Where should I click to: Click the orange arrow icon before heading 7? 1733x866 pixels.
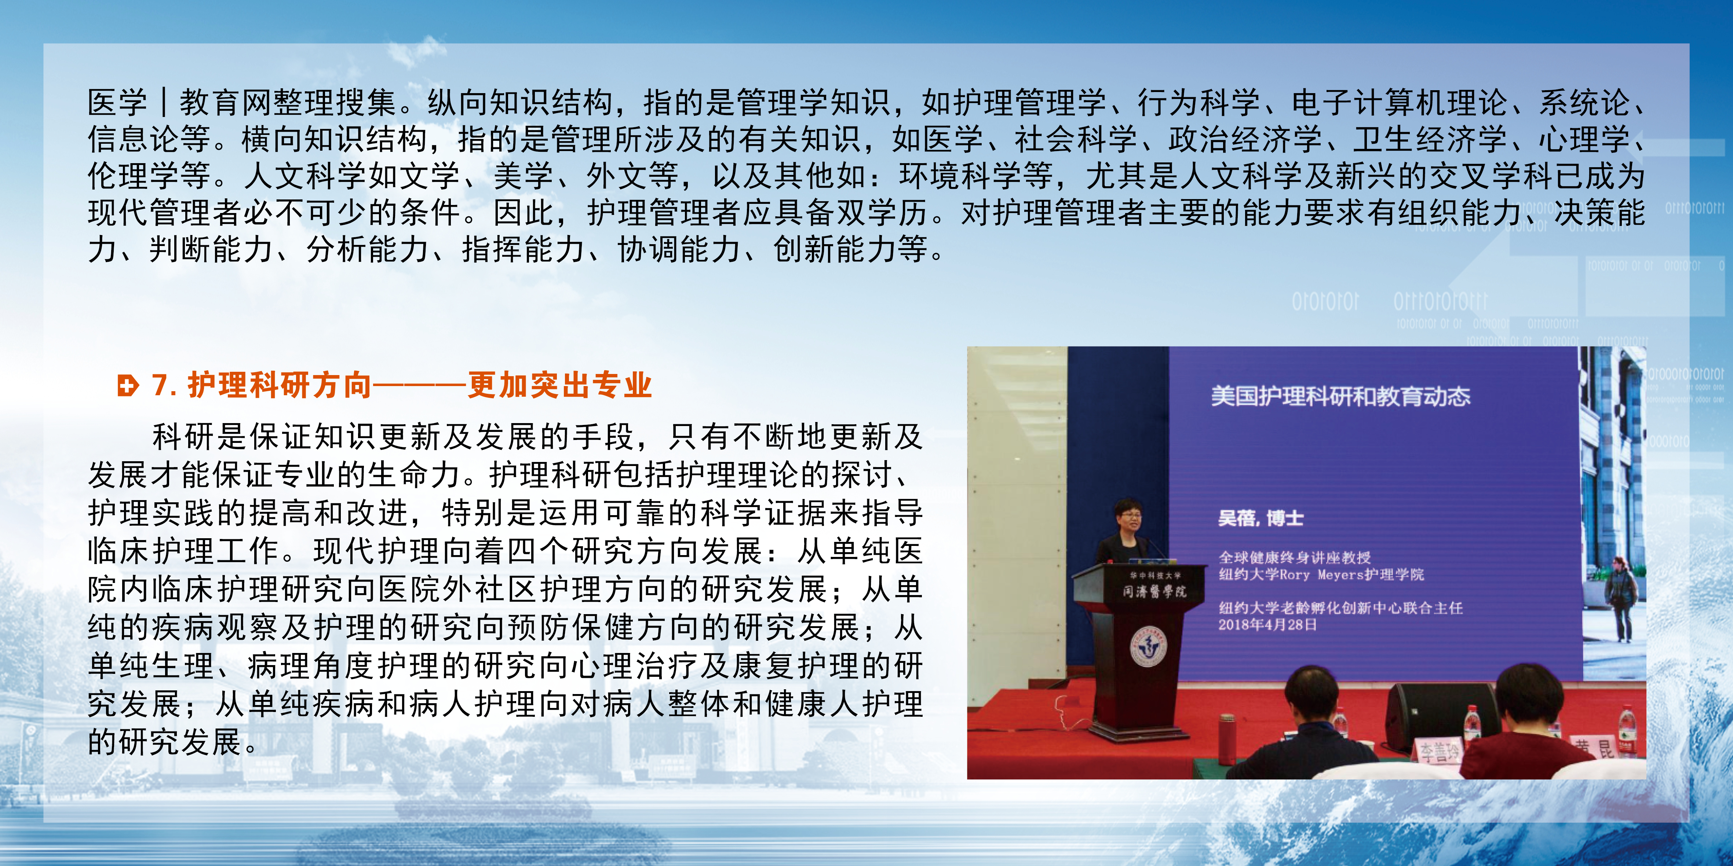click(127, 386)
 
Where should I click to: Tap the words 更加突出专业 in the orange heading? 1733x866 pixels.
click(560, 385)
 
